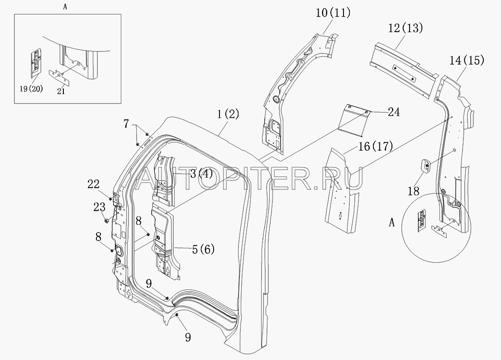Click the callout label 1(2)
click(x=228, y=114)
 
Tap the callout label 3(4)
click(x=201, y=174)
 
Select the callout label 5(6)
click(x=203, y=249)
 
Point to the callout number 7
click(x=126, y=124)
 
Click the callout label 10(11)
click(x=333, y=13)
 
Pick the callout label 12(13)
click(x=406, y=28)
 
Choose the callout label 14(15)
click(x=467, y=60)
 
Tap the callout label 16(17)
click(x=375, y=146)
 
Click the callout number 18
click(x=414, y=191)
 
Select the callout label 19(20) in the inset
click(x=31, y=89)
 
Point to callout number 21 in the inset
click(x=61, y=91)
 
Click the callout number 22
click(x=94, y=185)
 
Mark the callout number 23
click(x=99, y=207)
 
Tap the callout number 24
click(x=394, y=112)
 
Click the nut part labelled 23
click(x=107, y=220)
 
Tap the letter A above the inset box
click(x=65, y=7)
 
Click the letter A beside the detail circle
click(x=392, y=223)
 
